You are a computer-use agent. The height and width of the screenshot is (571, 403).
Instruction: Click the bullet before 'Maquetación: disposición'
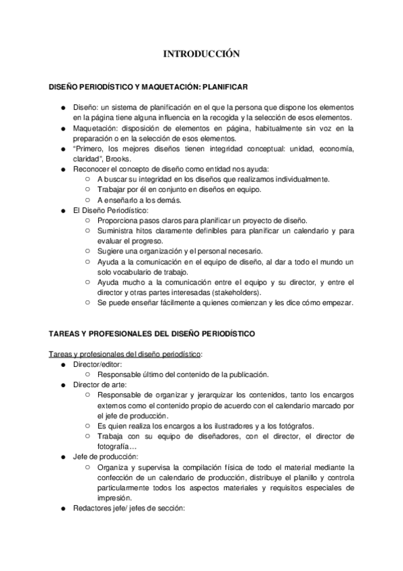coord(63,128)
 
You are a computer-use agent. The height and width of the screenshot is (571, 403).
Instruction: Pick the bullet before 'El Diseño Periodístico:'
coord(63,210)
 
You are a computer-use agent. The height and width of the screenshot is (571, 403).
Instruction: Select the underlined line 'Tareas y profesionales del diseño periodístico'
coord(125,354)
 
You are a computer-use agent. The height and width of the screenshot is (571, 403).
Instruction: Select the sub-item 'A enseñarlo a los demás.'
coord(144,200)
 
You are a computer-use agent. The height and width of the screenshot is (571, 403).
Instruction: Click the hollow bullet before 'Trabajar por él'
coord(89,189)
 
